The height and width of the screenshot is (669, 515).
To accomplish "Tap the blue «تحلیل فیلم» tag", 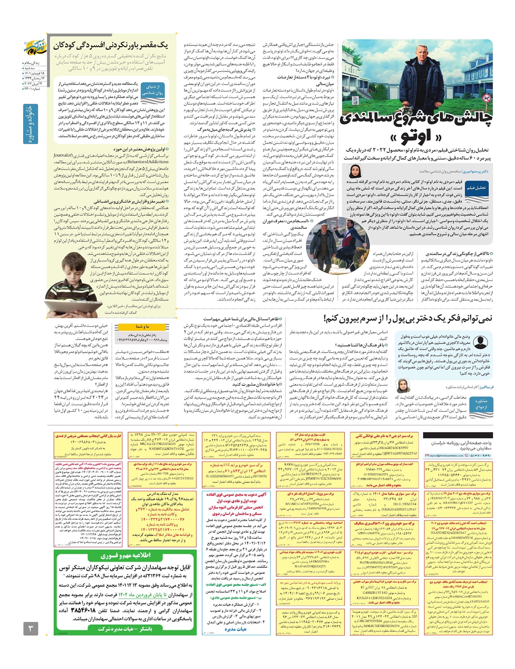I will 476,188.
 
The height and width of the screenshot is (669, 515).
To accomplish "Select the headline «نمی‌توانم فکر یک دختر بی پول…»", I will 408,318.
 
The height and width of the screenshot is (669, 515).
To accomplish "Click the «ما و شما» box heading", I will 142,326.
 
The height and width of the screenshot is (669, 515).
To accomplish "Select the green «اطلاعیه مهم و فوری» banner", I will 125,555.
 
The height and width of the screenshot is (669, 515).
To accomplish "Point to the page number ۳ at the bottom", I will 31,629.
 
